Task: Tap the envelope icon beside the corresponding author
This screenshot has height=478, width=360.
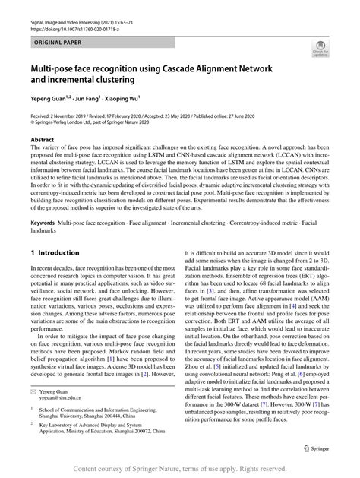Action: click(34, 389)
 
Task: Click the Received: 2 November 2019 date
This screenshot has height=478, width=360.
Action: click(65, 113)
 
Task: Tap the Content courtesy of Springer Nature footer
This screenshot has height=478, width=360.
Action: click(180, 470)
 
